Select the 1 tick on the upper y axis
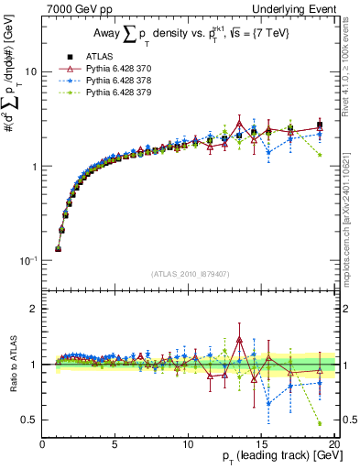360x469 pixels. [x=35, y=166]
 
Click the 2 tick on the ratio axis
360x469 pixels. [x=35, y=309]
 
